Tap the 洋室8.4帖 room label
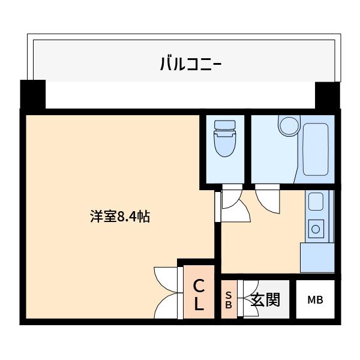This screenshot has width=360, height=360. coord(119,217)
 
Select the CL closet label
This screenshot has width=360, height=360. coord(199,295)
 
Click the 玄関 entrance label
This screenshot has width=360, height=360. coord(265,299)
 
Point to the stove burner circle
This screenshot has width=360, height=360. coord(316,228)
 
